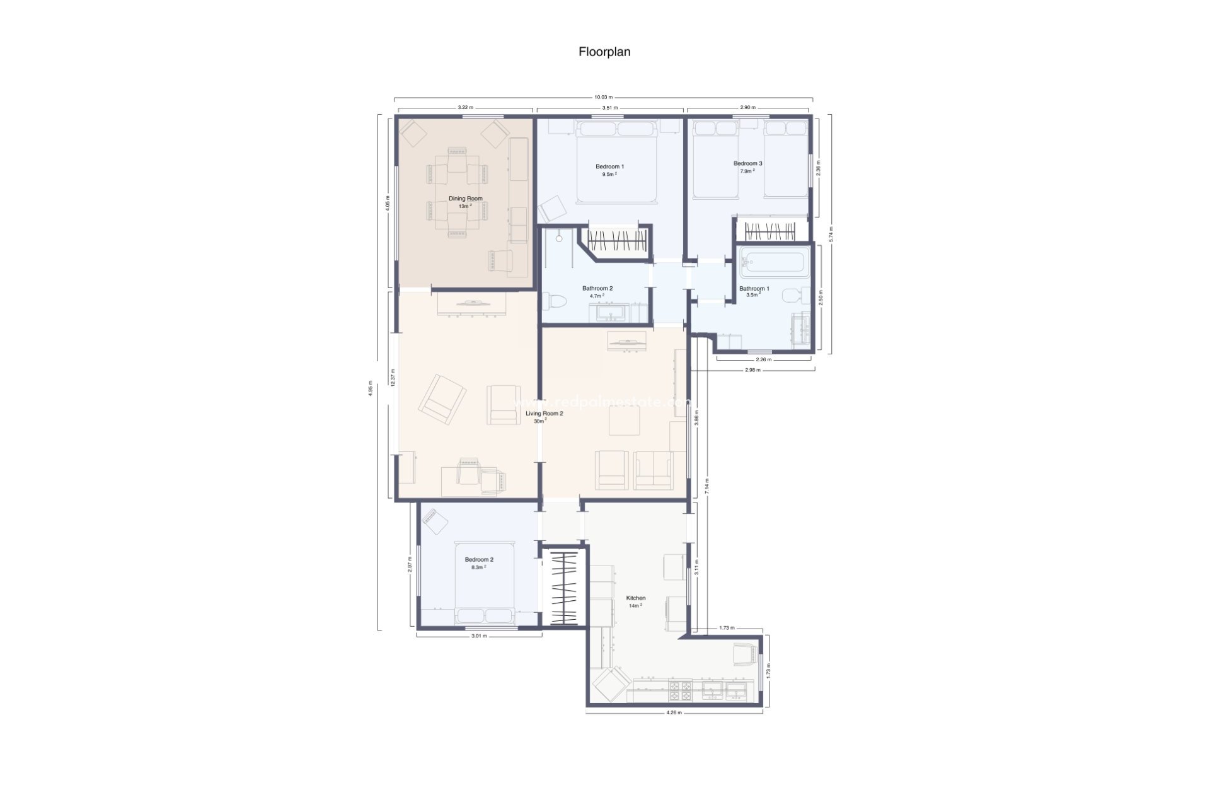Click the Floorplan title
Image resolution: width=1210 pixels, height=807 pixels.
604,52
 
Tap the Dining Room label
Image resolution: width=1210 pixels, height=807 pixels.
466,199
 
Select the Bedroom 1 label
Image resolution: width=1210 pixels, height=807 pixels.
609,166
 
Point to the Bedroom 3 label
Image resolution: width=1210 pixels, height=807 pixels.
747,163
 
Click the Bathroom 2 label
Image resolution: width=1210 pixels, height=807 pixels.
597,288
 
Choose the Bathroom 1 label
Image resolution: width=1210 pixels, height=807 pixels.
754,289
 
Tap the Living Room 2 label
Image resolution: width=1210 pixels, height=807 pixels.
544,414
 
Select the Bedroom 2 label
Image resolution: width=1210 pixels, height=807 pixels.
479,559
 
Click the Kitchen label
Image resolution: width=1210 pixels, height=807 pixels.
635,598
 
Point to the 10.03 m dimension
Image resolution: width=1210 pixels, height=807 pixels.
603,97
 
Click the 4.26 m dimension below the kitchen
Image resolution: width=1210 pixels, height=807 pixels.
674,713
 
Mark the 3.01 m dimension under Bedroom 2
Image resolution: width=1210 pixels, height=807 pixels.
479,636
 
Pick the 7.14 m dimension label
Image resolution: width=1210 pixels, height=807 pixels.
707,485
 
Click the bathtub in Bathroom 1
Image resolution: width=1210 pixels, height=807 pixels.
775,262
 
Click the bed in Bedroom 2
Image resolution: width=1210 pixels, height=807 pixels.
485,583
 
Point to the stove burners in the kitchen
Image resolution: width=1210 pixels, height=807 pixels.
680,691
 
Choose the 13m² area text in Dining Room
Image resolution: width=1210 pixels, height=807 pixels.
465,206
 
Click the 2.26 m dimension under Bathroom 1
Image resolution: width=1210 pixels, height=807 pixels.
763,359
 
